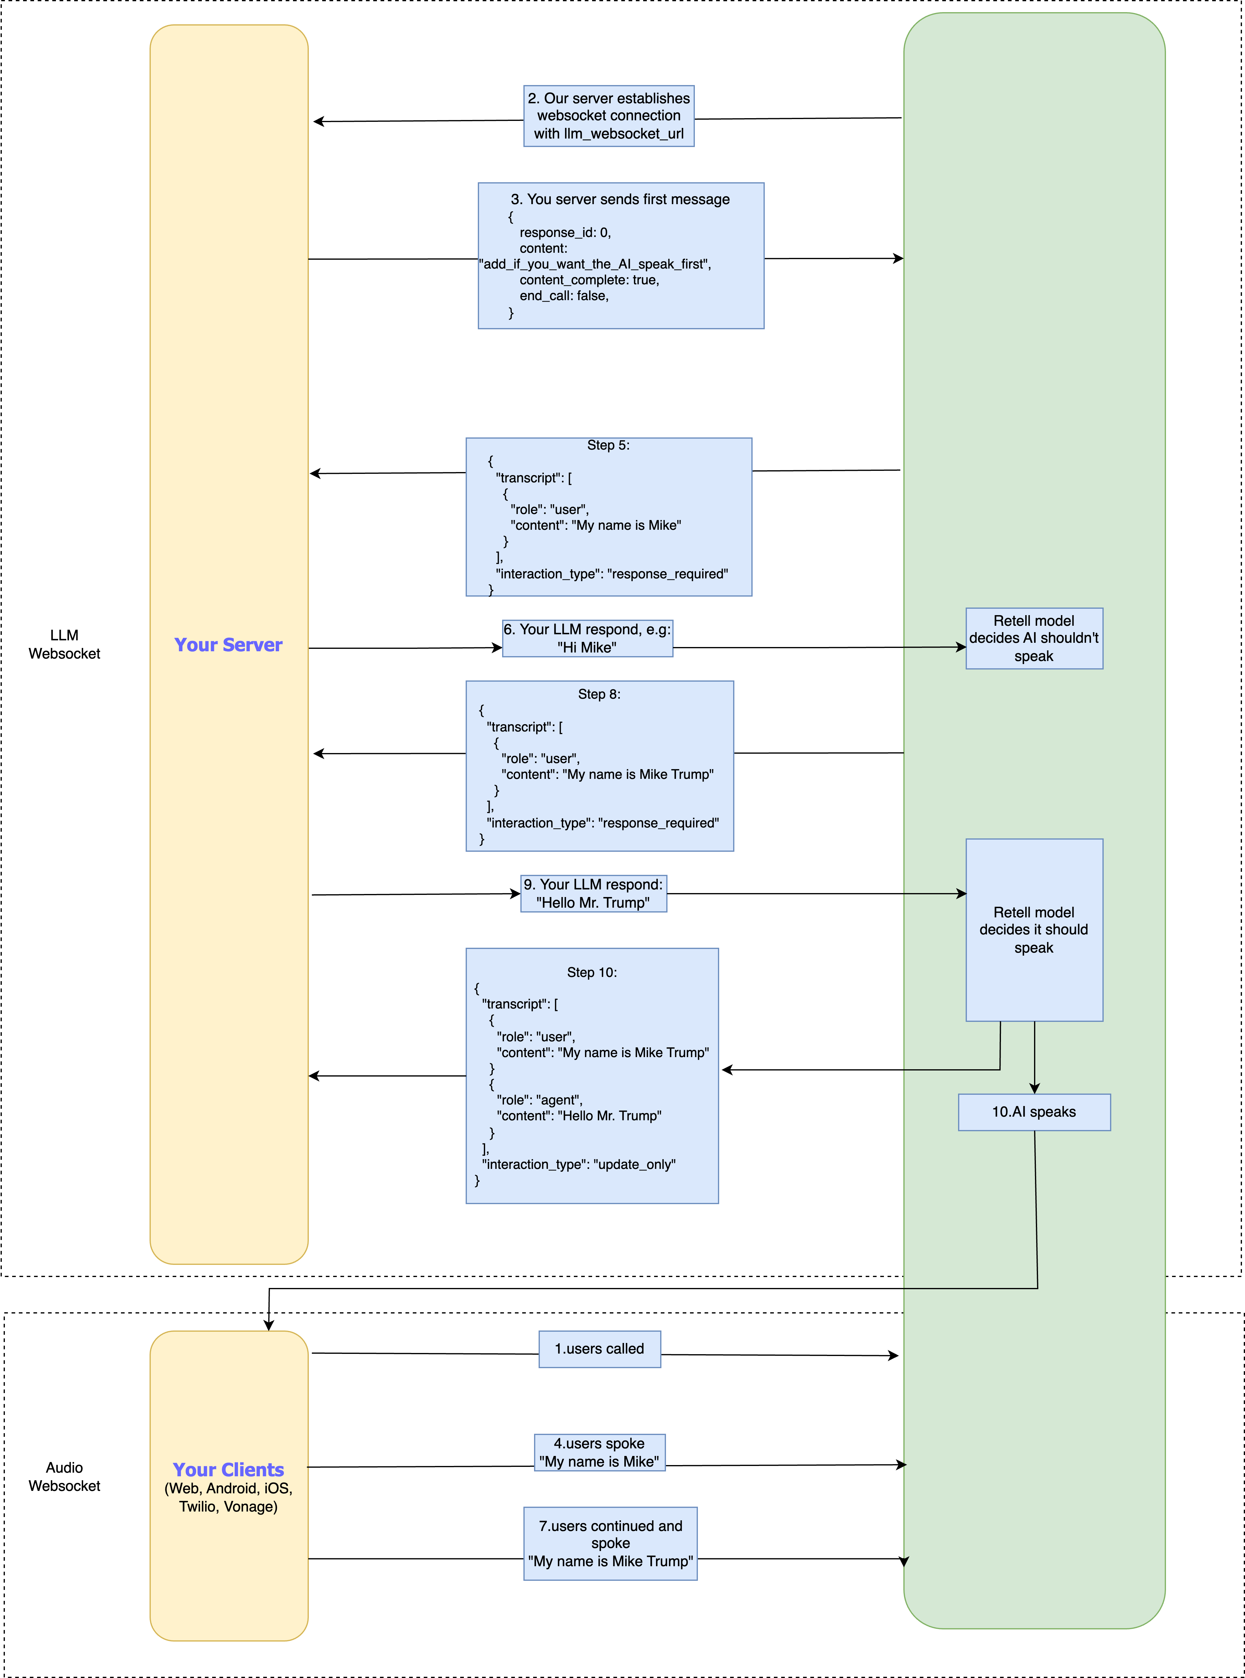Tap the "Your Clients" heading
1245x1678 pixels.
pos(228,1469)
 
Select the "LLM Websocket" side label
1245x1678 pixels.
pos(64,645)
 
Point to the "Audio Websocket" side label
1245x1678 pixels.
pos(64,1477)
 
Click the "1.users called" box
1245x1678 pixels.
pos(600,1349)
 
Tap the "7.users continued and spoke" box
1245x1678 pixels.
pos(610,1543)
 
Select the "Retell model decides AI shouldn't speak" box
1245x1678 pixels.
pos(1034,639)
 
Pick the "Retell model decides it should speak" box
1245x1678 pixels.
pos(1034,930)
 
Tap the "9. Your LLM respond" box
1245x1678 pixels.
pos(594,894)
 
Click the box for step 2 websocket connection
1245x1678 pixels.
pos(609,116)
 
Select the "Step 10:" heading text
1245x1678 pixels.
pos(592,972)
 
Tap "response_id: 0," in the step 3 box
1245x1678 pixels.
pos(565,233)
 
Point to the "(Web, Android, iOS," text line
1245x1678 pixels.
pos(228,1488)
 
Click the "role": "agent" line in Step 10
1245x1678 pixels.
pos(540,1100)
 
